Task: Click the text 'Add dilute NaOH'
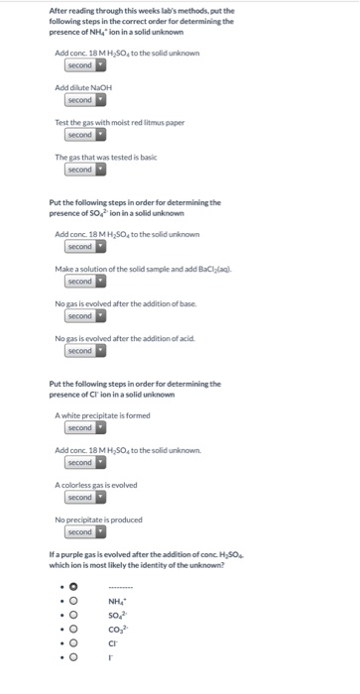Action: tap(83, 87)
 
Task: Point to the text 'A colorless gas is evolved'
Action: tap(96, 485)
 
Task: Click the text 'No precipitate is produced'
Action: tap(98, 520)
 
